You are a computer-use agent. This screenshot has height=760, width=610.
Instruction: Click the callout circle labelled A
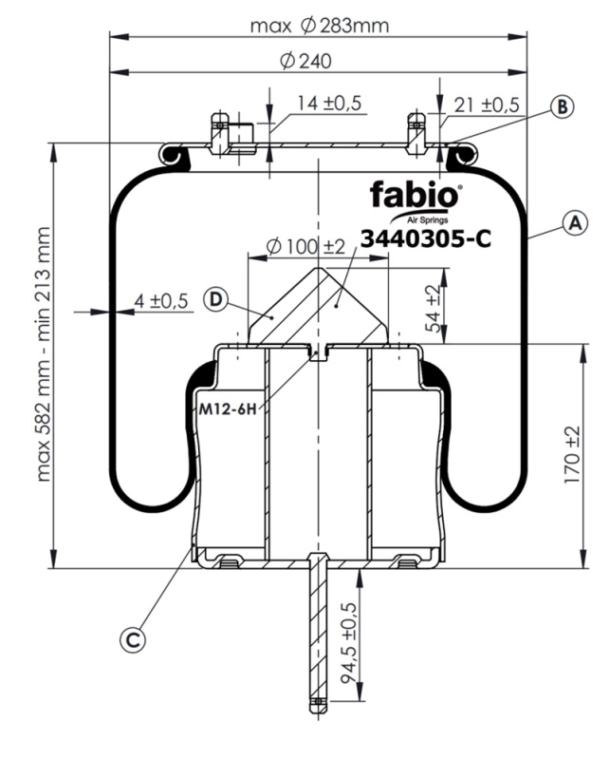[573, 224]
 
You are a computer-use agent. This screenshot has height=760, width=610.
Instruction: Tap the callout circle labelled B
[563, 107]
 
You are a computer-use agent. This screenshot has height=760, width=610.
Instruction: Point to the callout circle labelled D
[216, 300]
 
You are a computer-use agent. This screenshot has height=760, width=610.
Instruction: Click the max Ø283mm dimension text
[320, 26]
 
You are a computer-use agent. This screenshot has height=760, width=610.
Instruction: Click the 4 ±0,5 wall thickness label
[161, 301]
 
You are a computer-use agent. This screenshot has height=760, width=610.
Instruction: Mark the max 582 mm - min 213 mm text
[42, 352]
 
